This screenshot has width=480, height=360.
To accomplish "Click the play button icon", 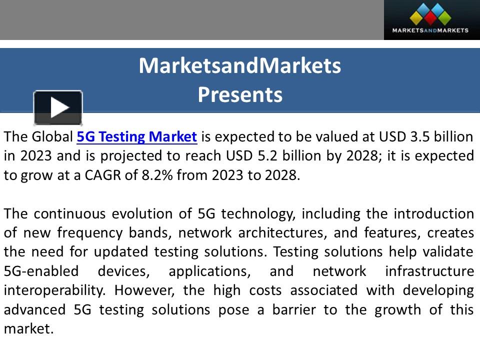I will (58, 107).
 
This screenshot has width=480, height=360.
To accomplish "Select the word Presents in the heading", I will (240, 94).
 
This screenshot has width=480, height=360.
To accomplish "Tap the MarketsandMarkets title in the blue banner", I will (240, 65).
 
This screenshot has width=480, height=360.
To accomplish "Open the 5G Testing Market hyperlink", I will (137, 136).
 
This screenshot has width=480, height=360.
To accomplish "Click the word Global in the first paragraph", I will (52, 136).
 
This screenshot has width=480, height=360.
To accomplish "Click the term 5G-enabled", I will (41, 271).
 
